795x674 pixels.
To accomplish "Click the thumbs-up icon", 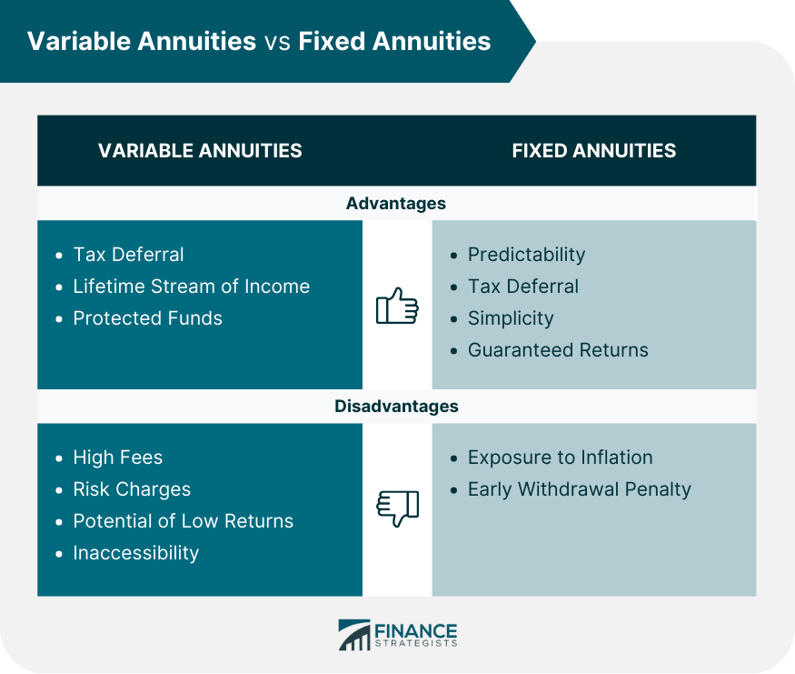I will point(397,306).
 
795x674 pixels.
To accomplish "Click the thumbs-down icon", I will point(397,508).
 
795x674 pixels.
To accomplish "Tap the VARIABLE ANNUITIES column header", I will point(200,151).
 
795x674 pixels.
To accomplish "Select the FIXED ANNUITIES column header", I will point(594,151).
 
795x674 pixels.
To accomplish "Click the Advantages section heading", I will point(396,204).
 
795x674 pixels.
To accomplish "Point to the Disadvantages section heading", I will point(396,407).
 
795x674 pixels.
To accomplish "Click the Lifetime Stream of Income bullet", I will point(191,287).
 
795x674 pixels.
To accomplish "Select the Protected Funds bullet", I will point(147,318).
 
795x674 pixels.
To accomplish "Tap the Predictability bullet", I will point(526,255).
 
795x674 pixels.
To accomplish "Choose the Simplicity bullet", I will point(511,318).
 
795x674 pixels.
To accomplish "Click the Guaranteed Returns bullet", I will point(558,350).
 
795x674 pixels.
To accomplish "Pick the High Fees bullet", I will point(118,458).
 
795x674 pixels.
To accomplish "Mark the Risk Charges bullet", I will point(132,489).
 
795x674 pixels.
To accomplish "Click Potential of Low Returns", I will point(183,521).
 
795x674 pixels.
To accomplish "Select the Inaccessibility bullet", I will point(135,553).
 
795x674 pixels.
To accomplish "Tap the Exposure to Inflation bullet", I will point(560,458).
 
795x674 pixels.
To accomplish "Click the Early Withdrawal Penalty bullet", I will point(579,489).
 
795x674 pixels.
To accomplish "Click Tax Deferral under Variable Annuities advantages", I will point(128,255).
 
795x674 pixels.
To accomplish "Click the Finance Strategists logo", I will point(397,635).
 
